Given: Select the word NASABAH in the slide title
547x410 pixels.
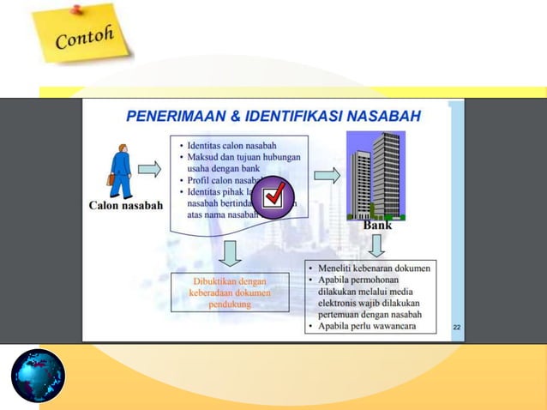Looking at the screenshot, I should tap(383, 114).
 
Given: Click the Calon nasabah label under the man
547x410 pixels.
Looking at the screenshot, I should tap(126, 206).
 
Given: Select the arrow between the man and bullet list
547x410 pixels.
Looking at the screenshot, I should tap(149, 169).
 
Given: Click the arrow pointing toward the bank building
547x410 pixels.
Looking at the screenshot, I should tap(327, 176).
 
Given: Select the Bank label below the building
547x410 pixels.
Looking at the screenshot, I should tap(377, 226).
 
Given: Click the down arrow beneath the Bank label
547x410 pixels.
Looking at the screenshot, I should tap(376, 246).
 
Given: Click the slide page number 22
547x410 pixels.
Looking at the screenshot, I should tap(456, 327).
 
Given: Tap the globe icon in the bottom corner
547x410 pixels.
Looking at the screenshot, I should tap(38, 376).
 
